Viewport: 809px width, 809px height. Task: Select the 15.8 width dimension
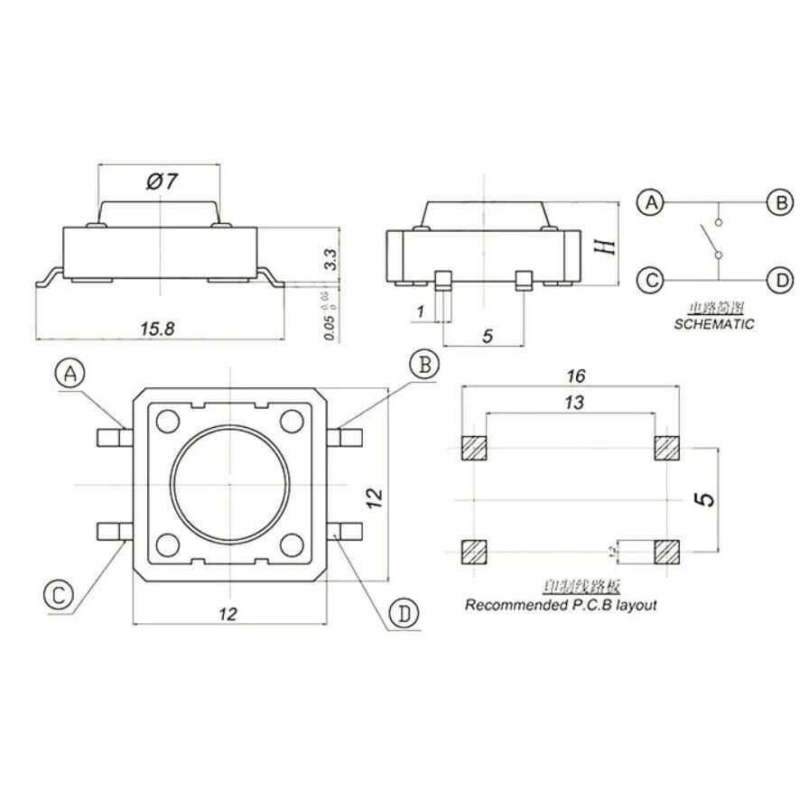[x=157, y=330]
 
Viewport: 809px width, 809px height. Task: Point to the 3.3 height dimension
[x=330, y=261]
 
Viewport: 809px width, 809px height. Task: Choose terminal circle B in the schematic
[x=779, y=202]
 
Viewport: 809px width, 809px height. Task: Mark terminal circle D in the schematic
[x=779, y=280]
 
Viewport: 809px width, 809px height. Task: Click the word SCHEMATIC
[x=713, y=323]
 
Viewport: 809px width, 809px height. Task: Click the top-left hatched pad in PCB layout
[x=474, y=448]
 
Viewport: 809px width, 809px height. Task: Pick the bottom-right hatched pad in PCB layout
[x=667, y=549]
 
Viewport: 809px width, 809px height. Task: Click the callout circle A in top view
[x=70, y=375]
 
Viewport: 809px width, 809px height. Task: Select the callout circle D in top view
[x=404, y=614]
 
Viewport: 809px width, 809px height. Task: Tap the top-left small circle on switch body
[x=168, y=421]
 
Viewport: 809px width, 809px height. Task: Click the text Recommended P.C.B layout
[x=561, y=605]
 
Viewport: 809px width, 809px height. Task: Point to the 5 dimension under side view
[x=487, y=336]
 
